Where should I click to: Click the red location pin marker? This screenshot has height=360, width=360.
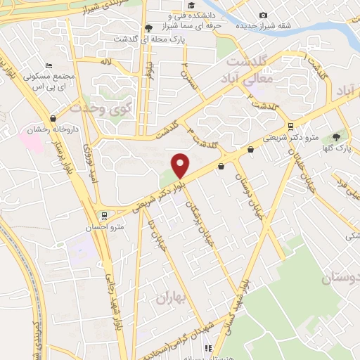181,165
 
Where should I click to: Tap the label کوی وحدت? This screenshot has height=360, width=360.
103,109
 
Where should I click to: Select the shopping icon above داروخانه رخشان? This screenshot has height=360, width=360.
53,119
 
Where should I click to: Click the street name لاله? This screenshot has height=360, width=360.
105,63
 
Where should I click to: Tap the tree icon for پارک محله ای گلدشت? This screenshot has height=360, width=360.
148,27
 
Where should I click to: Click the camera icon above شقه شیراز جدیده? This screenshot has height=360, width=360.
263,15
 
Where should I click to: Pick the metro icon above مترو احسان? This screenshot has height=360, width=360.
104,214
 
